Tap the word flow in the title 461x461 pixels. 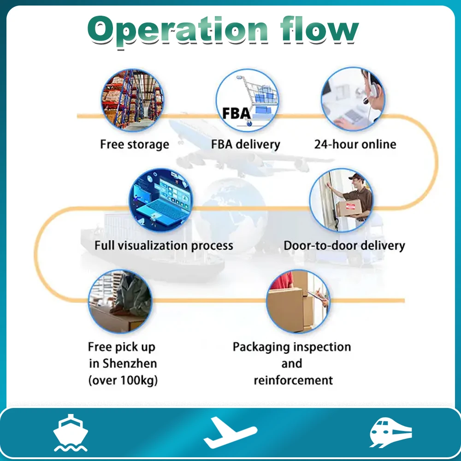click(318, 30)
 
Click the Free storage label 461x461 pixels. click(135, 144)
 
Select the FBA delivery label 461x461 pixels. click(246, 144)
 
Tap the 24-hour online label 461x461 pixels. click(355, 144)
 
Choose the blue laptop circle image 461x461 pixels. click(160, 201)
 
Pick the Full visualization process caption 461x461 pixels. click(164, 245)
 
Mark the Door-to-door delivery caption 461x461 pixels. click(344, 245)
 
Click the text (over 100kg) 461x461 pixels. click(123, 380)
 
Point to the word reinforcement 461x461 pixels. click(293, 380)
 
